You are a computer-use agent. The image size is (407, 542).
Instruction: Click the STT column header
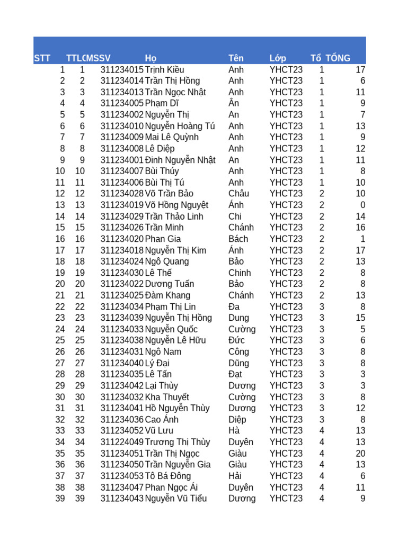click(x=42, y=58)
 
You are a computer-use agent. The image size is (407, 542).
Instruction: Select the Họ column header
click(x=151, y=58)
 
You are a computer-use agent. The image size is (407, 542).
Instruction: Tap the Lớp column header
click(x=278, y=58)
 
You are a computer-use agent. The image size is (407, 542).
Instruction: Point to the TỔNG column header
click(x=338, y=58)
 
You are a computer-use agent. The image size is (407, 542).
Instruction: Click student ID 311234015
click(x=122, y=69)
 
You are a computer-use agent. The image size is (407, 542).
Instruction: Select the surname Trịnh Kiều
click(x=164, y=69)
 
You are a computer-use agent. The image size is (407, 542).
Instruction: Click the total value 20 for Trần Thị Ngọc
click(x=360, y=454)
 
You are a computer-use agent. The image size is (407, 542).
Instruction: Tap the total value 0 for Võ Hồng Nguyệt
click(x=362, y=205)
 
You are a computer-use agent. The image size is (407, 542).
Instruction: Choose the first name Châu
click(x=238, y=194)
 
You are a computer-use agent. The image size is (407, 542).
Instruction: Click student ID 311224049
click(x=122, y=442)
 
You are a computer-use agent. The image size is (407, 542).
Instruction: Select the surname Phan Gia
click(x=163, y=239)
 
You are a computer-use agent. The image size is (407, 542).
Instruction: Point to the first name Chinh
click(x=240, y=273)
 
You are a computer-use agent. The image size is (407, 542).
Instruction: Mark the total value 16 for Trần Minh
click(x=360, y=228)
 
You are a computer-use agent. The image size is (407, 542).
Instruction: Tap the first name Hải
click(x=235, y=476)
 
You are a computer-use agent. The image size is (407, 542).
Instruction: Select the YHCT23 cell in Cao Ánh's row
click(x=286, y=420)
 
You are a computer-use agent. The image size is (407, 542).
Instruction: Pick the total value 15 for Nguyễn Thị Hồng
click(x=360, y=318)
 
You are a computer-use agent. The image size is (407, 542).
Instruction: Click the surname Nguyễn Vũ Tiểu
click(x=175, y=499)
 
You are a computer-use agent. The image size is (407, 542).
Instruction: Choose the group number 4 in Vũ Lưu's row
click(x=322, y=431)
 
